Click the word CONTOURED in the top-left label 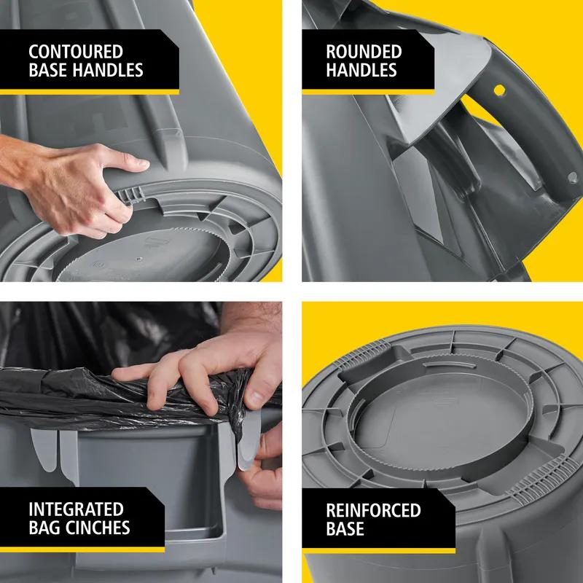coord(76,52)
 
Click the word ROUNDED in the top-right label coord(364,52)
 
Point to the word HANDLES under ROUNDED coord(361,71)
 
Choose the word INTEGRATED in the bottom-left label coord(76,509)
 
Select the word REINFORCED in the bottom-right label coord(373,509)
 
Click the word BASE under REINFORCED coord(345,528)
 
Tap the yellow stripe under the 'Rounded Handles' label coord(368,90)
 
